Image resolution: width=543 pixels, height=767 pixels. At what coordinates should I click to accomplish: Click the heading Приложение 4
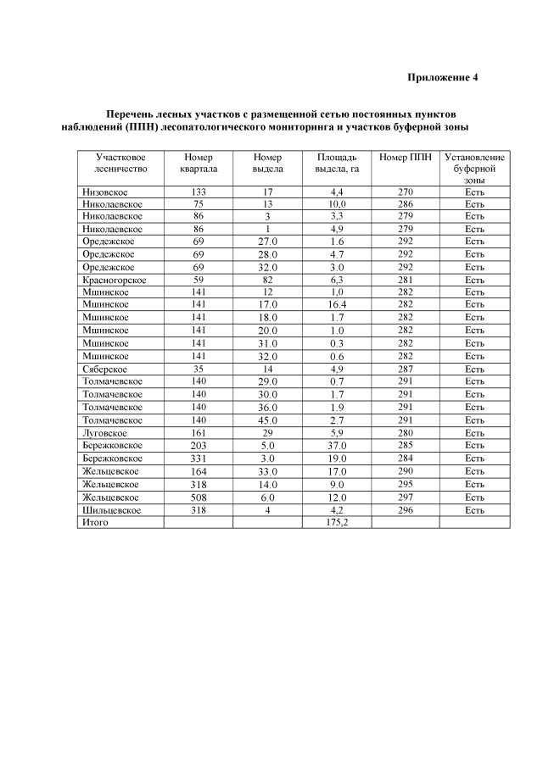(443, 78)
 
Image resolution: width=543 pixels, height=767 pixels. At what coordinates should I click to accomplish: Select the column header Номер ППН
(405, 158)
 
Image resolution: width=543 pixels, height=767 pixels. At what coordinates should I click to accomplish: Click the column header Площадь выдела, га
(337, 164)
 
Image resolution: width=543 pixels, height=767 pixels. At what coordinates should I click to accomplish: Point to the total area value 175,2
(337, 523)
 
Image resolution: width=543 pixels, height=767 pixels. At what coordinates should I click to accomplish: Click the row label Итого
(95, 523)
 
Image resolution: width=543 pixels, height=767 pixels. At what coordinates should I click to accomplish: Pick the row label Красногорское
(115, 280)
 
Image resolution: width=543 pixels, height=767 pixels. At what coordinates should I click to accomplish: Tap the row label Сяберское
(104, 369)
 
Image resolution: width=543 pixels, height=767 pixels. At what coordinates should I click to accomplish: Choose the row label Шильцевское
(110, 510)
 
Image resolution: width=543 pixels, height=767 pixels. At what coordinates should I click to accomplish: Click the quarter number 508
(199, 497)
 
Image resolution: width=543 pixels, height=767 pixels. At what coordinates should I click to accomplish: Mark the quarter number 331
(199, 459)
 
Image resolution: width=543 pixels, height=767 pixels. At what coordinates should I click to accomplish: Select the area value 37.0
(337, 446)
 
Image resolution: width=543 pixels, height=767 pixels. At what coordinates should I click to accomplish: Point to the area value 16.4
(337, 305)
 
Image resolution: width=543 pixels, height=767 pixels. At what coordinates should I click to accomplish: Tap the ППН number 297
(405, 497)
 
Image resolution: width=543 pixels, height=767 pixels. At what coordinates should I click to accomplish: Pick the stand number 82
(267, 280)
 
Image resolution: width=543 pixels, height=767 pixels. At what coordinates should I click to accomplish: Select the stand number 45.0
(267, 420)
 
